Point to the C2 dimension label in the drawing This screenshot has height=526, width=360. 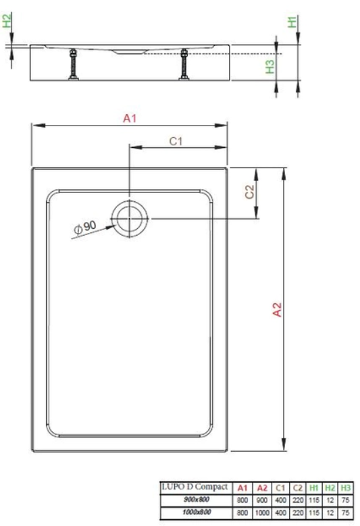coord(249,192)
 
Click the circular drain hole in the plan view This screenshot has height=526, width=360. coord(128,219)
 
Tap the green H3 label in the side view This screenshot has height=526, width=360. coord(269,66)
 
